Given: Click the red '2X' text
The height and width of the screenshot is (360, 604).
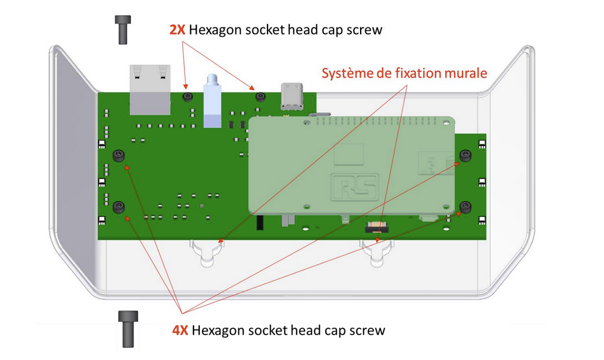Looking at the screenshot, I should [178, 30].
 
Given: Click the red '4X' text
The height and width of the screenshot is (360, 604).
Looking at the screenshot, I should [180, 330].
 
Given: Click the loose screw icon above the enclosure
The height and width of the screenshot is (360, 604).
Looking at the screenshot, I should [123, 29].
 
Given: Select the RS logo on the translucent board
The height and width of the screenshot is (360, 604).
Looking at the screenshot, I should [354, 187].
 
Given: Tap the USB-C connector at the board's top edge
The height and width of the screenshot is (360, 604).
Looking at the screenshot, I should [293, 96].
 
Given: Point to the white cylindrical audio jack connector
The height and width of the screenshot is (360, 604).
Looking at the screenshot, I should [211, 101].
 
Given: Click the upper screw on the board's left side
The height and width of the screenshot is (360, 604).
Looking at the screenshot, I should [118, 156].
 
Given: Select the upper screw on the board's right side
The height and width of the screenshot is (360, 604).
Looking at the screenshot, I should [465, 155].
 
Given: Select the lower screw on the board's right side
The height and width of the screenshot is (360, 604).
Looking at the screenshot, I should [465, 208].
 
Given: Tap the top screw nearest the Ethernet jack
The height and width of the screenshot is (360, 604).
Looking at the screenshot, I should [187, 97].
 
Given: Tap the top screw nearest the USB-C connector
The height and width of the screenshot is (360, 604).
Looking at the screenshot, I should [260, 97].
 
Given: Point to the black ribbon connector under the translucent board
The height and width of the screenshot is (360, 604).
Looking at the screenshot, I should [377, 227].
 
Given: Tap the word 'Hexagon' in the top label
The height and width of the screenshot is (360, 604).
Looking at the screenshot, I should [216, 30].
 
